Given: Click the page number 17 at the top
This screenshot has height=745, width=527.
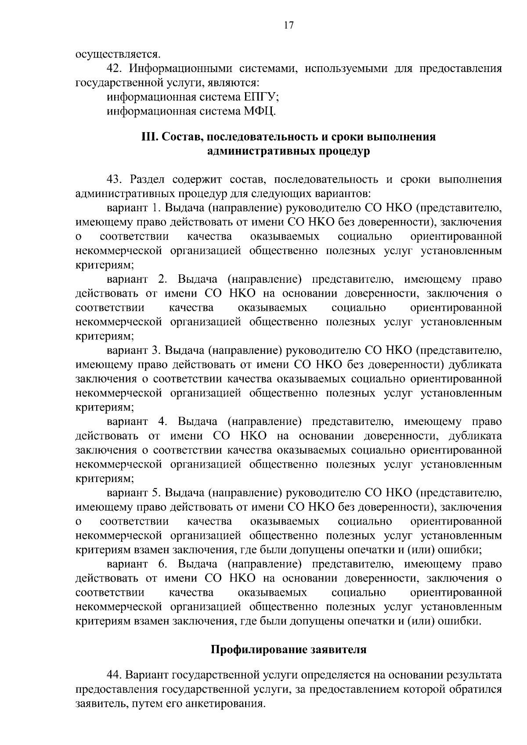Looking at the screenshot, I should click(x=289, y=25).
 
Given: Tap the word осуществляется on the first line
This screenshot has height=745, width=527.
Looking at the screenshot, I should click(x=118, y=54).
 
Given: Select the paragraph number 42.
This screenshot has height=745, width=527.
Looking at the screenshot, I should click(x=116, y=69).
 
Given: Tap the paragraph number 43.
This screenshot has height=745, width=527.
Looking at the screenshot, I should click(x=116, y=180).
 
